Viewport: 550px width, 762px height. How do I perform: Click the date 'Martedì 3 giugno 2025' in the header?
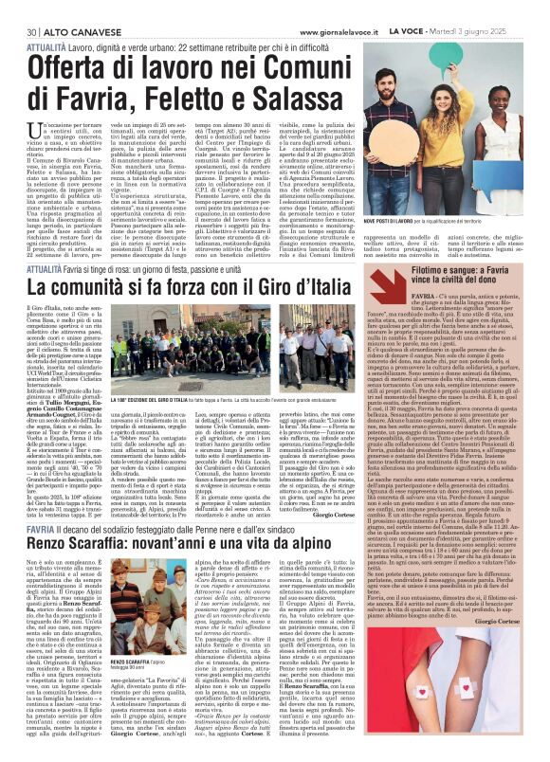tap(494, 7)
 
